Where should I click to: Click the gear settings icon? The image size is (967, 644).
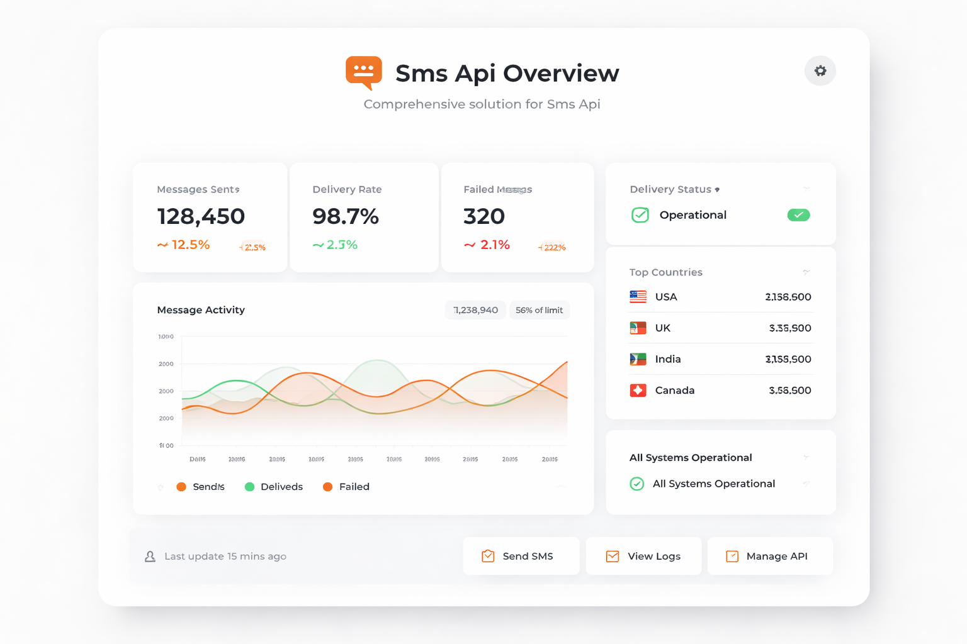[x=820, y=71]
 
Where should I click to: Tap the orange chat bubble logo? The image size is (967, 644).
[x=364, y=72]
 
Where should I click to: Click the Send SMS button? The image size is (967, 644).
[x=521, y=556]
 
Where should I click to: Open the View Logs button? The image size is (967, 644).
[x=643, y=556]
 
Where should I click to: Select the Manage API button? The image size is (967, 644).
[x=769, y=556]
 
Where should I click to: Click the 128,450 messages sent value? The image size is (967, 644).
[x=201, y=216]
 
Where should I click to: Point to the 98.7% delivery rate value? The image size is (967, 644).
[x=346, y=216]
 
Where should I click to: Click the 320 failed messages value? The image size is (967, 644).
[x=484, y=216]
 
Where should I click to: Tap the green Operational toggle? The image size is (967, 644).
[x=798, y=215]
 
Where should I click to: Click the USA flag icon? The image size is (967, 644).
[x=638, y=297]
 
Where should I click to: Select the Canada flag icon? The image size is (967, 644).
[x=638, y=391]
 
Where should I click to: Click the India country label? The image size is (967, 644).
[x=668, y=359]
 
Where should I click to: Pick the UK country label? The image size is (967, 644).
[x=663, y=328]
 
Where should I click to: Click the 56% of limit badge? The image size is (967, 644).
[x=539, y=310]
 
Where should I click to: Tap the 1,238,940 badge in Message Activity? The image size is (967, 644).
[x=475, y=310]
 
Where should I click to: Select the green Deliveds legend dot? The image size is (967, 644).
[x=249, y=487]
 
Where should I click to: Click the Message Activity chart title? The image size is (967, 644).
[x=201, y=310]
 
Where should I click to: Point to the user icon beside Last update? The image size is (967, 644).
[x=150, y=557]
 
